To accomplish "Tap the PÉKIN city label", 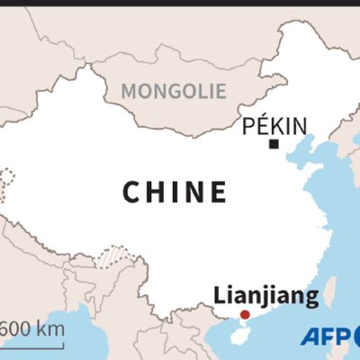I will tap(274, 127).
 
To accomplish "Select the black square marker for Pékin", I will tap(274, 144).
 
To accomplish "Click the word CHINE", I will tap(174, 192).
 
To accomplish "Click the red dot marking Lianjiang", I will tap(243, 315).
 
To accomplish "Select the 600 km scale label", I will tap(34, 328).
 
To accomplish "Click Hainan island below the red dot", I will tap(235, 333).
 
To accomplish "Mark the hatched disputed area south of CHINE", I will tap(114, 258).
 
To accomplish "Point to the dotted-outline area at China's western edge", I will tap(8, 184).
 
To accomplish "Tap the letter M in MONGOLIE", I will tap(129, 91).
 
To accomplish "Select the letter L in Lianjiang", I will tap(217, 296).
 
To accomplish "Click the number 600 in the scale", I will tap(22, 328).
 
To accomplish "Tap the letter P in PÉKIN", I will tap(249, 127).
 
